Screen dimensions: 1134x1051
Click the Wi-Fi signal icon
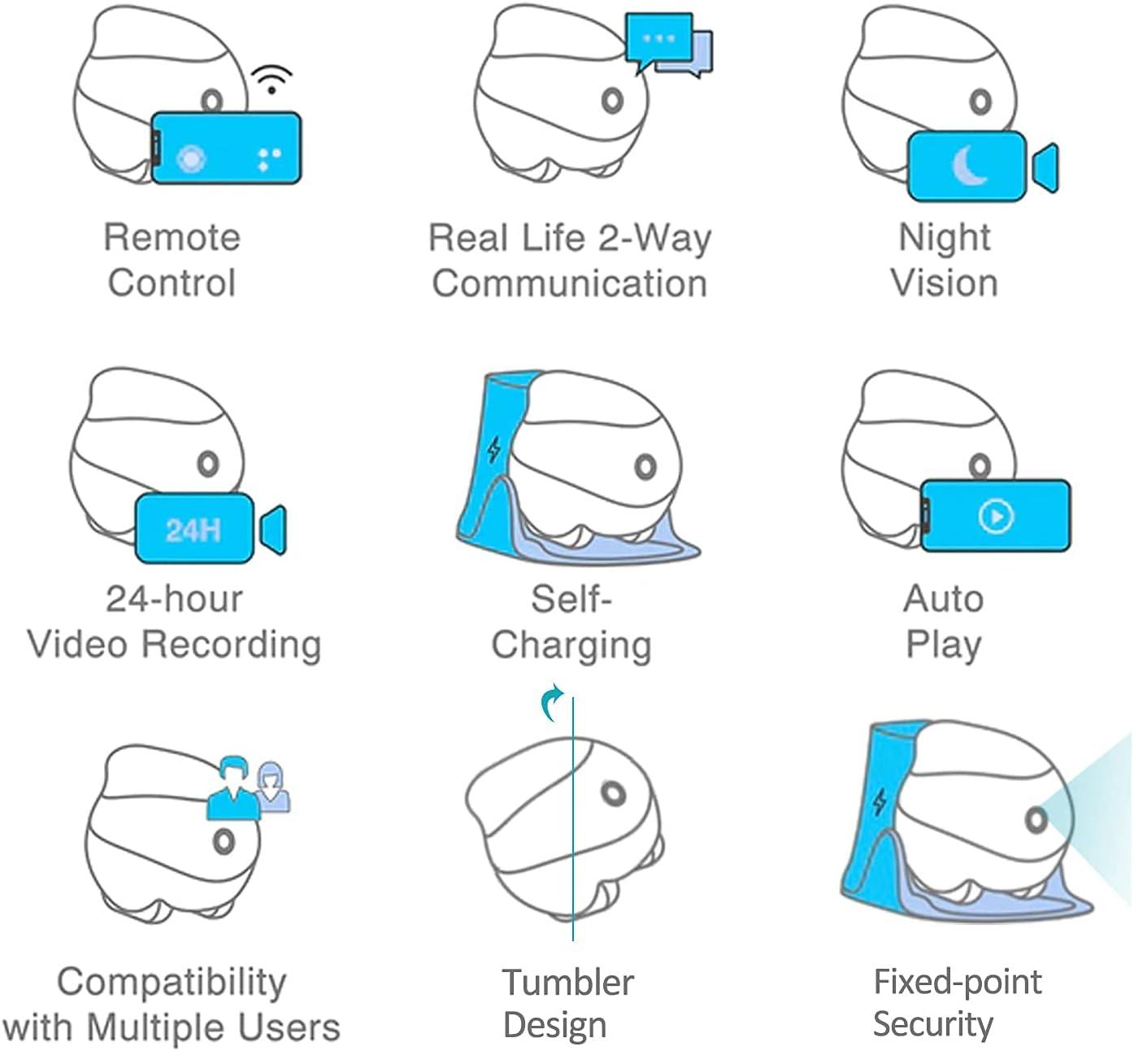click(x=272, y=80)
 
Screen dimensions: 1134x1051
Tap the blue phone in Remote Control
click(x=226, y=148)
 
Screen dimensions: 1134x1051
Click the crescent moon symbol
click(x=969, y=166)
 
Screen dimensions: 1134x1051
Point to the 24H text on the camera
click(x=193, y=530)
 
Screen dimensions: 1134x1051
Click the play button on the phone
click(x=996, y=516)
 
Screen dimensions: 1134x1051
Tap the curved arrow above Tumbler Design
click(x=552, y=702)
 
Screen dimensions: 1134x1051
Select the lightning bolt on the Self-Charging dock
click(x=494, y=450)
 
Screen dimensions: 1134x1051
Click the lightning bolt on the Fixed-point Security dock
click(x=880, y=801)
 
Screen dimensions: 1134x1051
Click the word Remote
click(x=172, y=238)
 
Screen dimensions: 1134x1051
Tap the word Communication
click(x=569, y=283)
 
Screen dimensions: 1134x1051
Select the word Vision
click(x=945, y=283)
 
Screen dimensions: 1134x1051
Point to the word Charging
click(x=571, y=646)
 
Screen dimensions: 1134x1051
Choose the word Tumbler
click(x=568, y=982)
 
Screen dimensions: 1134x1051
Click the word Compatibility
click(x=172, y=983)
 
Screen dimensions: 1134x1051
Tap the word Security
click(x=933, y=1024)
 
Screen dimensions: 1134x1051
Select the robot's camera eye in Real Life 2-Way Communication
click(x=612, y=101)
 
